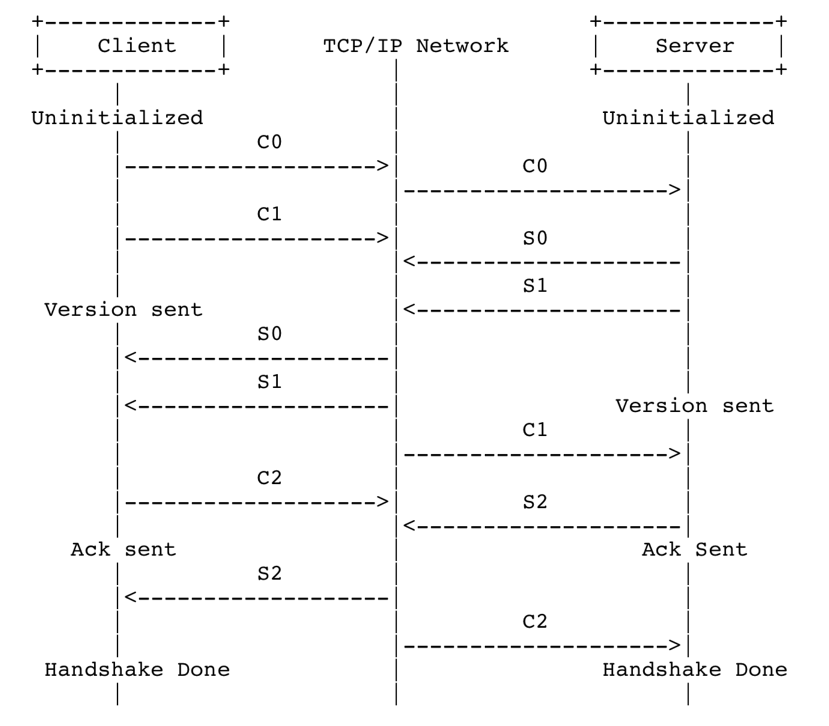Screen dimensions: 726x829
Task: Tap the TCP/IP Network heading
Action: click(x=416, y=46)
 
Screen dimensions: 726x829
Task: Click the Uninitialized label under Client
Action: click(x=117, y=118)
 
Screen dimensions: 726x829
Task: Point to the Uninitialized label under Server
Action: click(x=688, y=118)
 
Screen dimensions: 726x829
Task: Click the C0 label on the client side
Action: click(x=269, y=142)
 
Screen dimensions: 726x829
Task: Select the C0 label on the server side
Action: click(x=535, y=166)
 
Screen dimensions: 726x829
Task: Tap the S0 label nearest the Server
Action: click(x=535, y=238)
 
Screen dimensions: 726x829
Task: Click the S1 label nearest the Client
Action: click(x=269, y=382)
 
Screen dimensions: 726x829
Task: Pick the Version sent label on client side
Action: click(x=123, y=310)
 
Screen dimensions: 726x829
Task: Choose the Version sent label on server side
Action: click(x=694, y=406)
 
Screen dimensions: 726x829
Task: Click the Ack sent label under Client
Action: click(x=123, y=549)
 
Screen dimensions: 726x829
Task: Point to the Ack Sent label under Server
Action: click(x=694, y=549)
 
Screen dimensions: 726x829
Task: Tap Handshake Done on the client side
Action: click(x=137, y=670)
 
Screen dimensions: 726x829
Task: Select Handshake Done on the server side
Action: click(x=694, y=670)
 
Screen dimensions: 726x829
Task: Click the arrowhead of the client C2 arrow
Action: click(x=383, y=502)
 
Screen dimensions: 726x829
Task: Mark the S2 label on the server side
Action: click(x=535, y=502)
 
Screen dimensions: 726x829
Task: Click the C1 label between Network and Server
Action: click(x=535, y=430)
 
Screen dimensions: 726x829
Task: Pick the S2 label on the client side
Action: click(x=269, y=573)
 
